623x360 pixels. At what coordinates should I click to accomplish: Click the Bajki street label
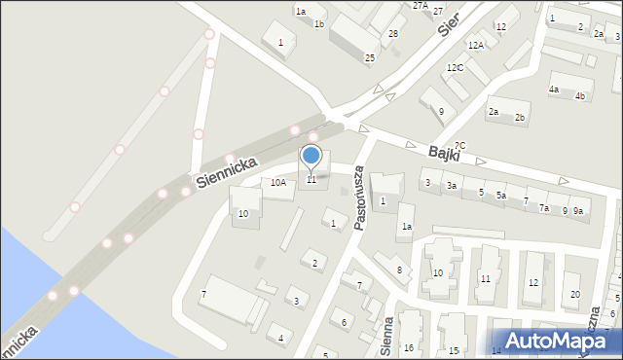[447, 154]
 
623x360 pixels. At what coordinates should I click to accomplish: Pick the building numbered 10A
[278, 182]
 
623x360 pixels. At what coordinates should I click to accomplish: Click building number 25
[370, 58]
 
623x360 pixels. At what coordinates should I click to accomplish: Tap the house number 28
[393, 34]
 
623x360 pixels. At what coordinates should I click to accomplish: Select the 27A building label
[421, 6]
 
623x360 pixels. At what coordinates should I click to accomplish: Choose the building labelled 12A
[475, 46]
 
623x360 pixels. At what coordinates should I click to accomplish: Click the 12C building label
[455, 68]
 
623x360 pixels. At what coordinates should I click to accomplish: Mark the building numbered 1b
[319, 23]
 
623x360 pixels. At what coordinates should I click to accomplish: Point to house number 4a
[553, 90]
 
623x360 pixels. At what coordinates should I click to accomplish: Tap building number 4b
[580, 95]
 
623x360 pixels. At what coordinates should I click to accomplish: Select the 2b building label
[520, 118]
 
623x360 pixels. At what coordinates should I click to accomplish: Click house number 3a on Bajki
[452, 185]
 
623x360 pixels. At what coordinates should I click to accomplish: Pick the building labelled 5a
[500, 196]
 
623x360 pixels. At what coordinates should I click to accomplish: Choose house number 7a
[545, 208]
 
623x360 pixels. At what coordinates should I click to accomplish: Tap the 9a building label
[578, 211]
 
